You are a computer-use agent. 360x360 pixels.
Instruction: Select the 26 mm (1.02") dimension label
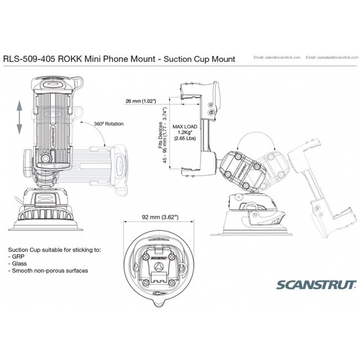click(141, 101)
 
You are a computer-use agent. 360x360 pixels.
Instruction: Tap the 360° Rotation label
click(109, 124)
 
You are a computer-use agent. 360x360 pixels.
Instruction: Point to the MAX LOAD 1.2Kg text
click(185, 133)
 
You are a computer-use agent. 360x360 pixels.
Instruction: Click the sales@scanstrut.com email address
click(276, 58)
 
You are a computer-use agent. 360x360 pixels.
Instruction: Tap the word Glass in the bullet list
click(24, 264)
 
